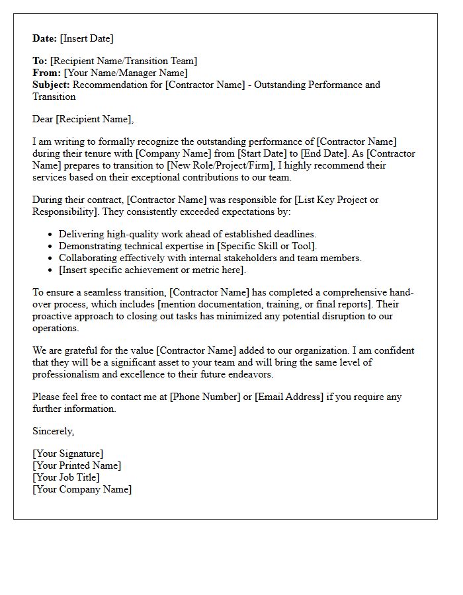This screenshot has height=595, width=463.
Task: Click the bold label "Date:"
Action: coord(45,38)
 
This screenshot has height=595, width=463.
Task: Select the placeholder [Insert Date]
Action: coord(87,38)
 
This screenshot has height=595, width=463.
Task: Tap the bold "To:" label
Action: coord(40,61)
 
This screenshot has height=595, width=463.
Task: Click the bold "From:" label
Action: coord(46,73)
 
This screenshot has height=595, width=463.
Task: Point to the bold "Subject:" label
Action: coord(51,85)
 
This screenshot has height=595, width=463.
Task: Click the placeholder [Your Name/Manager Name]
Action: coord(126,73)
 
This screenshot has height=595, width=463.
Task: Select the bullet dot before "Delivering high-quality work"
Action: coord(51,235)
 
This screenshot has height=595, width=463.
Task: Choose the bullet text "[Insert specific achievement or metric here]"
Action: coord(152,270)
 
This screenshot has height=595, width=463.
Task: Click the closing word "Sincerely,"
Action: coord(54,431)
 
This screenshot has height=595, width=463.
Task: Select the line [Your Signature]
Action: coord(67,454)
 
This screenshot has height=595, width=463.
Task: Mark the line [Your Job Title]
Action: coord(66,477)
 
